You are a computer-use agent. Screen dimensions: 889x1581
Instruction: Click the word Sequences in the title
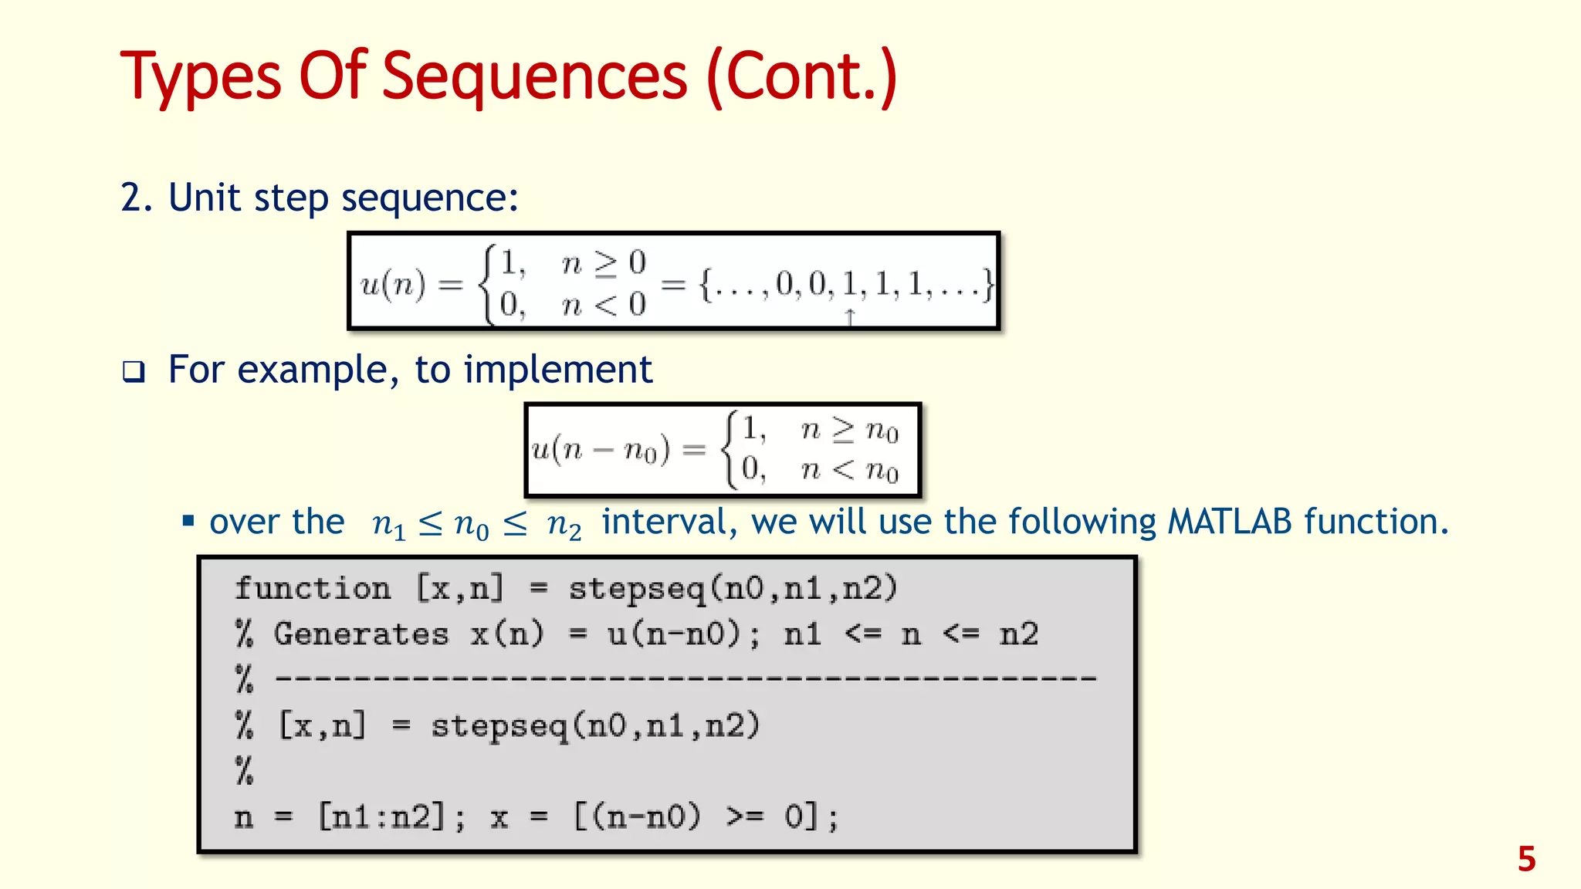pos(534,77)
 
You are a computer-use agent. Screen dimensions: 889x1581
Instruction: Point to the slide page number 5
pos(1526,859)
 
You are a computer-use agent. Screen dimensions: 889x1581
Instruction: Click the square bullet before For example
pos(134,372)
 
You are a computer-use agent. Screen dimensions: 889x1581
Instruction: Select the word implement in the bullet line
pos(557,370)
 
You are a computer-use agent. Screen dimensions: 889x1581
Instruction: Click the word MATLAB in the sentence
pos(1229,522)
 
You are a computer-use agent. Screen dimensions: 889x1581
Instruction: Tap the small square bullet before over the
pos(188,521)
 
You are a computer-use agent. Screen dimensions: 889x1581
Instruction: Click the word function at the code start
pos(313,589)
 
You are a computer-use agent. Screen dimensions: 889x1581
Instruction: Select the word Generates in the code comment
pos(361,634)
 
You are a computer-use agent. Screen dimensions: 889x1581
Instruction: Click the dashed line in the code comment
pos(686,679)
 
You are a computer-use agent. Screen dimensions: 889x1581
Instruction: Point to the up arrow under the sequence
pos(850,317)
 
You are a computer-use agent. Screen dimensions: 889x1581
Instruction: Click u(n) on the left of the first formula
pos(393,285)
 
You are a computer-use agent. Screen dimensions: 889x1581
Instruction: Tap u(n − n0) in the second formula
pos(600,449)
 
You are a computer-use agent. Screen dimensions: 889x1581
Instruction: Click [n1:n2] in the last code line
pos(383,816)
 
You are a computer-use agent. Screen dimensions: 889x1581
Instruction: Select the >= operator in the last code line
pos(744,816)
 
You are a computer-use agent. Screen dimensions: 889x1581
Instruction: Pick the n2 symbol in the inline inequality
pos(564,524)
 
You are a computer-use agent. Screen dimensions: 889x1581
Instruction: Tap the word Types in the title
pos(201,77)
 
